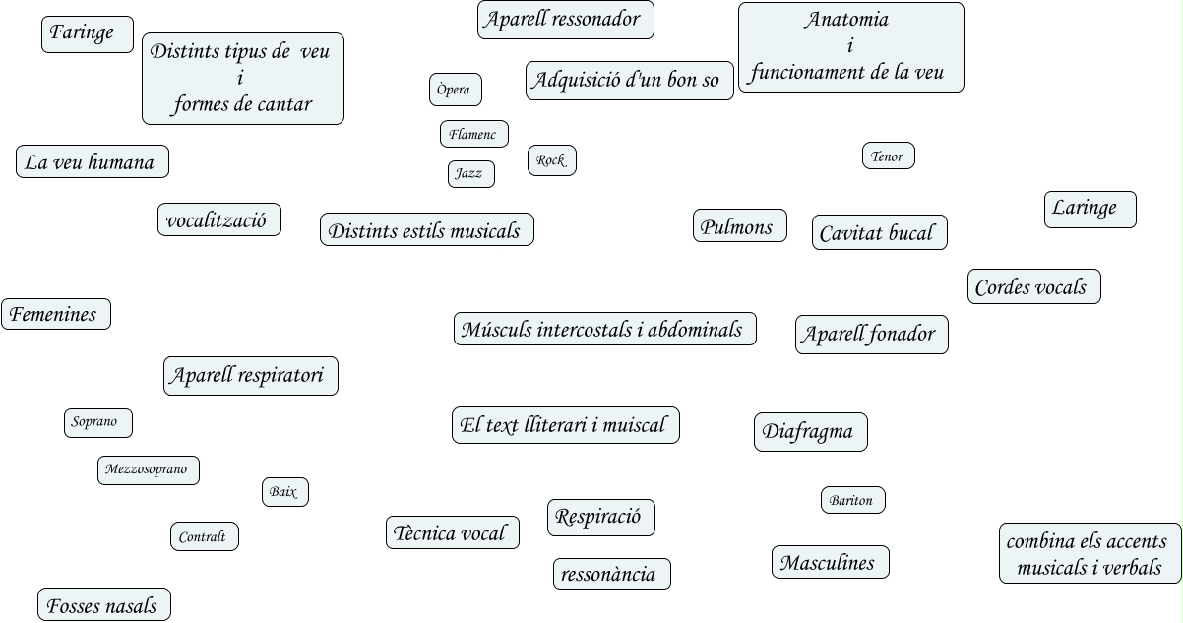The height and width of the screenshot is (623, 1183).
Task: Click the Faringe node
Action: (87, 33)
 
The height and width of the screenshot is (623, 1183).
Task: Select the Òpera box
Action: (456, 90)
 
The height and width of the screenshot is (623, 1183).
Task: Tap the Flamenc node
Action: (473, 134)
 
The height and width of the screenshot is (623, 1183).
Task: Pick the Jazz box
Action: (470, 174)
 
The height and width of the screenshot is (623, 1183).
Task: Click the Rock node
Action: (551, 160)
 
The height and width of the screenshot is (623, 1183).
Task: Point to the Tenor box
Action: (888, 156)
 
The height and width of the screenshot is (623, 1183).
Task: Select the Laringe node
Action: (1090, 209)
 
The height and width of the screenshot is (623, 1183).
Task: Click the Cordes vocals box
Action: (1033, 286)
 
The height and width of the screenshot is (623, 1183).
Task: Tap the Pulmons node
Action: (739, 225)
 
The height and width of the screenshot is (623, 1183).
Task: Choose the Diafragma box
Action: (810, 432)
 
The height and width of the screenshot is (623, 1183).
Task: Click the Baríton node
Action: (852, 500)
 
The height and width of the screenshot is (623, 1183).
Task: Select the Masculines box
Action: (830, 562)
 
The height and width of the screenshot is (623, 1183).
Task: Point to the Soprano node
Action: (97, 422)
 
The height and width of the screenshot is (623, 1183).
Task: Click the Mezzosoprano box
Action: (148, 470)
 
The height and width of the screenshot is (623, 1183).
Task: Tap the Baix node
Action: (284, 491)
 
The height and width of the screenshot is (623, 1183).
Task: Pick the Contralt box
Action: (204, 536)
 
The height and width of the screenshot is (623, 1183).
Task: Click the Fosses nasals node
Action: (103, 604)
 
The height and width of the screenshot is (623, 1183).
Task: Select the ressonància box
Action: (611, 574)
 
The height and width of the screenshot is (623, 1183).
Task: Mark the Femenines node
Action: (55, 314)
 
